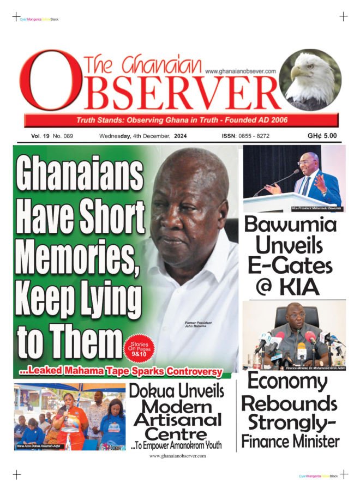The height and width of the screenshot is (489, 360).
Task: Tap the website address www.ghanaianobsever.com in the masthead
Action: [241, 71]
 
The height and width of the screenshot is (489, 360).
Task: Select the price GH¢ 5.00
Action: [322, 136]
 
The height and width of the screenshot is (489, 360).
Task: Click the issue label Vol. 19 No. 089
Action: [52, 137]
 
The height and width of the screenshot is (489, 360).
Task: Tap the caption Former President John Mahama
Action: [199, 325]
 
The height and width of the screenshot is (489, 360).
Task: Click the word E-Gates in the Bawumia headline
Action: [290, 266]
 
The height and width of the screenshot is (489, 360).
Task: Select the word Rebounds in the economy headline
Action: [289, 403]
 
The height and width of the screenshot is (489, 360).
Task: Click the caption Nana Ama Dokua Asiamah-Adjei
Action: [40, 446]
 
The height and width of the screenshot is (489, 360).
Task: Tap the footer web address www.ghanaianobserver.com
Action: [177, 456]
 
